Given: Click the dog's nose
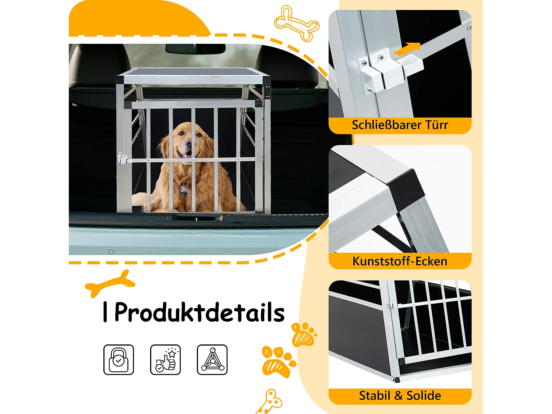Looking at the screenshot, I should tap(188, 142).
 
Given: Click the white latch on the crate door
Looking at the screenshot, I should tap(122, 159).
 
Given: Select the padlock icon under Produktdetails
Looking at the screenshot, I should tap(118, 360).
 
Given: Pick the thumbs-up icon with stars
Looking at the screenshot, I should tap(165, 360).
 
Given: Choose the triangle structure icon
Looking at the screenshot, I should tap(212, 360).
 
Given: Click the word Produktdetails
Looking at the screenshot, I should tap(199, 312).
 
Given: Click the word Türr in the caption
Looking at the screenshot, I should tap(437, 125).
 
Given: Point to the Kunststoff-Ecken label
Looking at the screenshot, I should tap(400, 261).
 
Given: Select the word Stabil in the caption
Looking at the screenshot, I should tap(375, 396).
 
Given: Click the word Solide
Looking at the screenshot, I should tap(424, 396).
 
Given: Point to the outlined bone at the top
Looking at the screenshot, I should tap(297, 23).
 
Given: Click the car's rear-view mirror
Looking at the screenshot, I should tap(195, 48).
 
